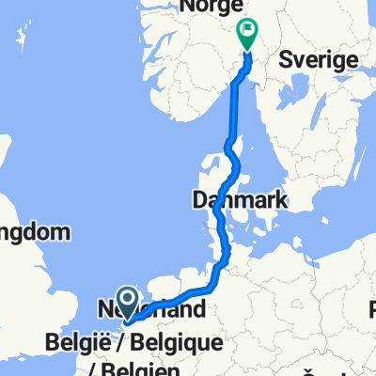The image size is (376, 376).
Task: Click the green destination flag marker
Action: click(246, 35)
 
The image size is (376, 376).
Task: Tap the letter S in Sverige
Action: click(287, 59)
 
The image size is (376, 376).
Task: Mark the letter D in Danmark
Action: click(198, 199)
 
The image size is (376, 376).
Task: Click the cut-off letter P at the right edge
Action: click(372, 309)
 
